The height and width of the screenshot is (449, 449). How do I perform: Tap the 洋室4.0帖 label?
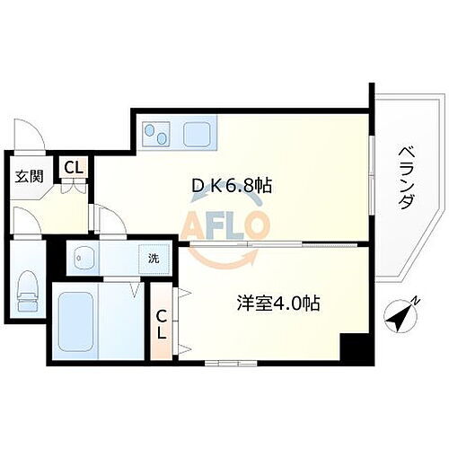point(278,304)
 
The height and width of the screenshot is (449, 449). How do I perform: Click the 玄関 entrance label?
point(24,176)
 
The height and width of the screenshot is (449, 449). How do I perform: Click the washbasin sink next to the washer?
point(86,259)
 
